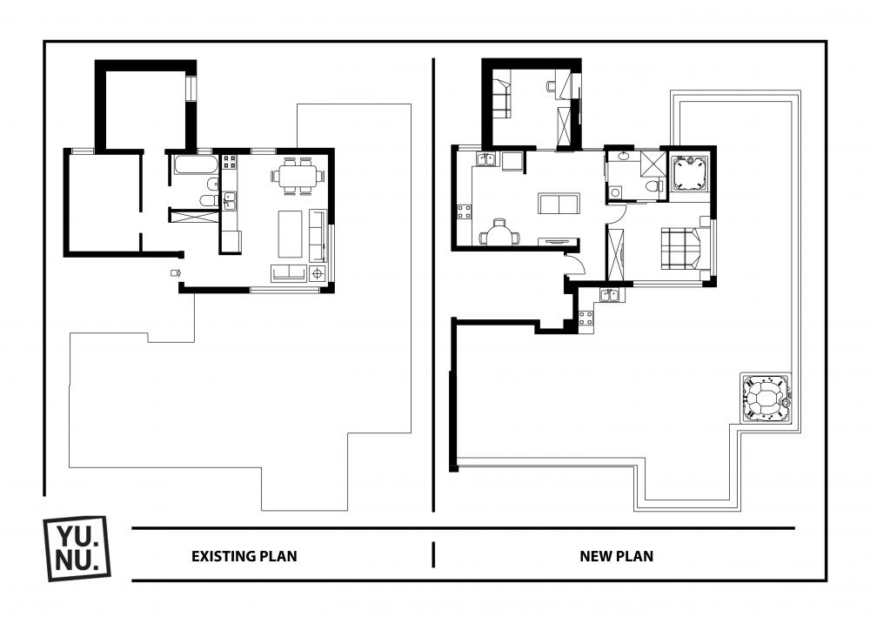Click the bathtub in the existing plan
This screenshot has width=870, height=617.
196,164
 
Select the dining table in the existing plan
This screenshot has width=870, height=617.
298,176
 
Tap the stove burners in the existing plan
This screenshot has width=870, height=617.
229,162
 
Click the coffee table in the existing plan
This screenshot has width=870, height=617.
291,233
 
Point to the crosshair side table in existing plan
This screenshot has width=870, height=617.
318,273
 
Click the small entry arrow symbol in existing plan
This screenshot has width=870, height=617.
177,272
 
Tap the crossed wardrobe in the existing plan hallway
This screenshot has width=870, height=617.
192,215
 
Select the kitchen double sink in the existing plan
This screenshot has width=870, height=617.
230,200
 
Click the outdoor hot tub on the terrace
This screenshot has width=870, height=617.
766,399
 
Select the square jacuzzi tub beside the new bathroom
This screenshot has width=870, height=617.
689,174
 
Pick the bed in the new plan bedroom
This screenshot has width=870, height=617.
684,248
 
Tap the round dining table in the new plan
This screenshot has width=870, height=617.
500,232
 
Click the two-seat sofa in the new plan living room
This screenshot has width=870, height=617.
559,203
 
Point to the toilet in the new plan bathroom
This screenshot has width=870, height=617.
655,185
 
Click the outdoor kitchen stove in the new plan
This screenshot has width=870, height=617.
586,318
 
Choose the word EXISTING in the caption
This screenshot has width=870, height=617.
224,556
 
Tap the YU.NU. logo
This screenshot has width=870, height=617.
77,548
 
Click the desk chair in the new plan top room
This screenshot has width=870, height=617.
552,85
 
